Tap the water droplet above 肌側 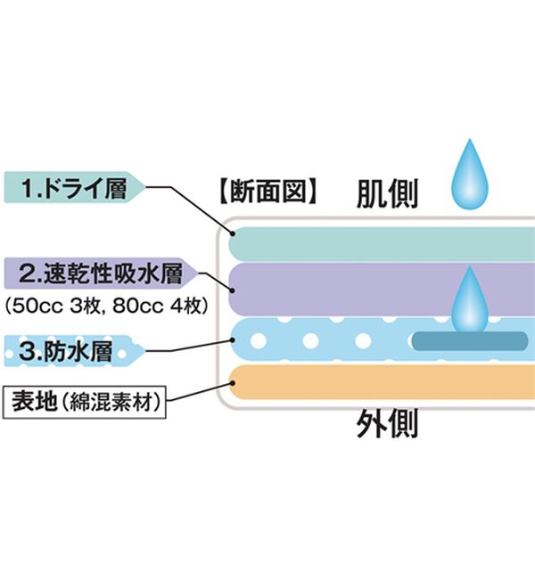[469, 174]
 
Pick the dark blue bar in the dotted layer [469, 340]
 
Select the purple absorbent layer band [357, 290]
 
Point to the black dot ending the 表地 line [235, 384]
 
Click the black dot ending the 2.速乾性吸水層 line [234, 290]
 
